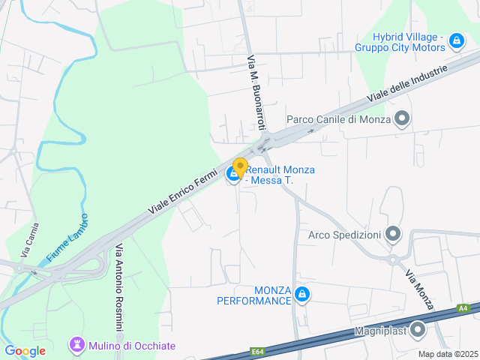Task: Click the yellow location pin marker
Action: [x=240, y=167]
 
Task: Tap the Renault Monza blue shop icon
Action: [x=233, y=175]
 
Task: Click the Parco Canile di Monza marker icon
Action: [x=403, y=118]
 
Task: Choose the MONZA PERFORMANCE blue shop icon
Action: [x=302, y=295]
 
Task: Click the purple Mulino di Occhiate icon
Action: [x=76, y=345]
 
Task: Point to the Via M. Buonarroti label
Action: [x=255, y=88]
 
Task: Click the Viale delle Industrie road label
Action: [x=407, y=84]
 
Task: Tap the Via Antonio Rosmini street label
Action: [x=118, y=288]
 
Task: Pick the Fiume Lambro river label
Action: [x=67, y=238]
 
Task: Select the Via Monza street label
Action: [x=420, y=290]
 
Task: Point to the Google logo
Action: [x=25, y=350]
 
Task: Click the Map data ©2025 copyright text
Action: [x=448, y=354]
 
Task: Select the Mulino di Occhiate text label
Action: [x=133, y=345]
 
